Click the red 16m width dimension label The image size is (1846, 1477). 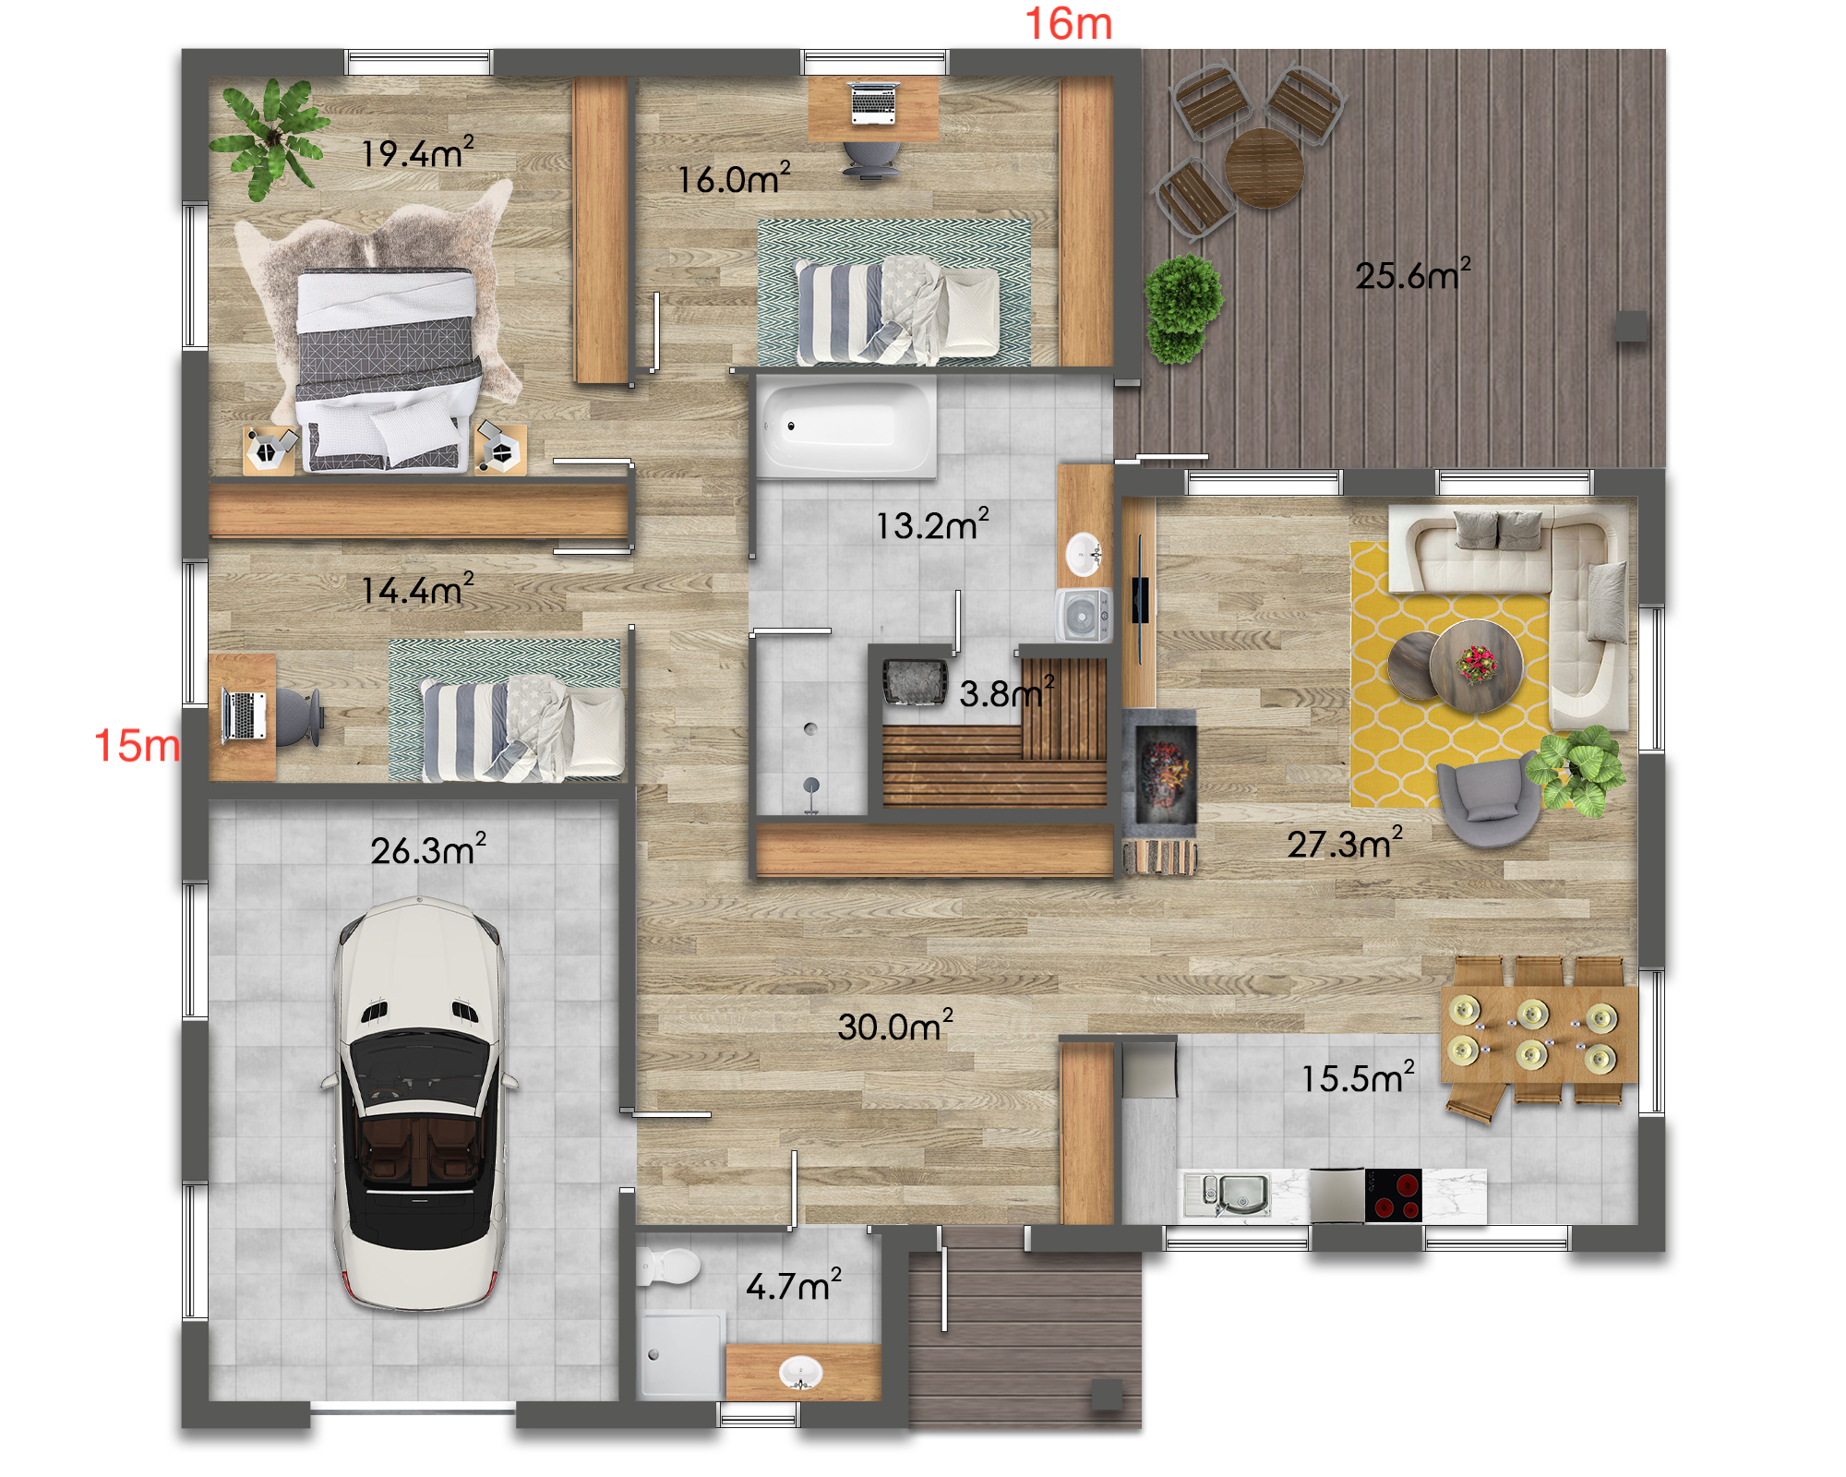point(1068,24)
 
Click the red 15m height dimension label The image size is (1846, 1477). point(137,745)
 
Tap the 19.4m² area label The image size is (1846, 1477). point(417,152)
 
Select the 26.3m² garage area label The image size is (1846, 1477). point(428,849)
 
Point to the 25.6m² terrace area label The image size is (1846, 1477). point(1413,274)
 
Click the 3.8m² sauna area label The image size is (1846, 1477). point(1006,692)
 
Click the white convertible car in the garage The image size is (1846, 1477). point(420,1103)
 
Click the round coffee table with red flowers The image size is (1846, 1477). point(1476,666)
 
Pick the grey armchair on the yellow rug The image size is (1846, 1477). point(1488,800)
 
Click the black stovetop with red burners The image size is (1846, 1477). point(1394,1195)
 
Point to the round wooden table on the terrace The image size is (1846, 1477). point(1264,168)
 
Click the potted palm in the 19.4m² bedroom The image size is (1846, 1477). point(270,138)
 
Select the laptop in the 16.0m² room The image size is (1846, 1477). point(873,102)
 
